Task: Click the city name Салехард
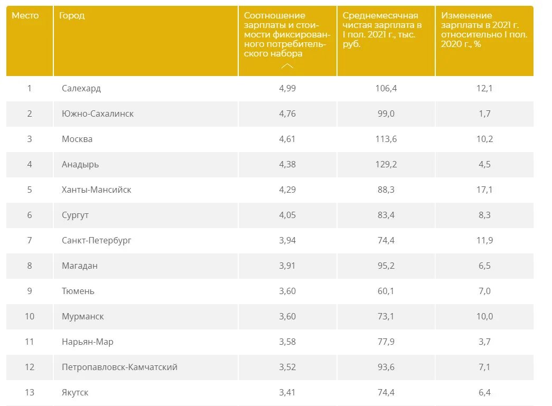pos(81,88)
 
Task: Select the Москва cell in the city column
pos(77,139)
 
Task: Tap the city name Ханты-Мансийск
pos(96,190)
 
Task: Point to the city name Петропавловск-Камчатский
pos(119,367)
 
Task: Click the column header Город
pos(72,16)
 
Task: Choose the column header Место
pos(25,16)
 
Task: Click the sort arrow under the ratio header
pos(287,66)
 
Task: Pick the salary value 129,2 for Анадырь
pos(386,164)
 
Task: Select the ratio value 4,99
pos(287,88)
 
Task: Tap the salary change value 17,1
pos(484,190)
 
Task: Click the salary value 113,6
pos(386,139)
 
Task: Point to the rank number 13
pos(30,392)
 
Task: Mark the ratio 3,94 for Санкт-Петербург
pos(287,240)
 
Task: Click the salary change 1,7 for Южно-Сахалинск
pos(484,114)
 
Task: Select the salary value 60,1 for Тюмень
pos(386,291)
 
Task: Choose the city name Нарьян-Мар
pos(87,342)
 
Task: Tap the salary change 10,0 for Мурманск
pos(484,316)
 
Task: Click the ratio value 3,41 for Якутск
pos(287,392)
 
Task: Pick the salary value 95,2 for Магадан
pos(386,266)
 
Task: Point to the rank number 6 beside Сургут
pos(30,215)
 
